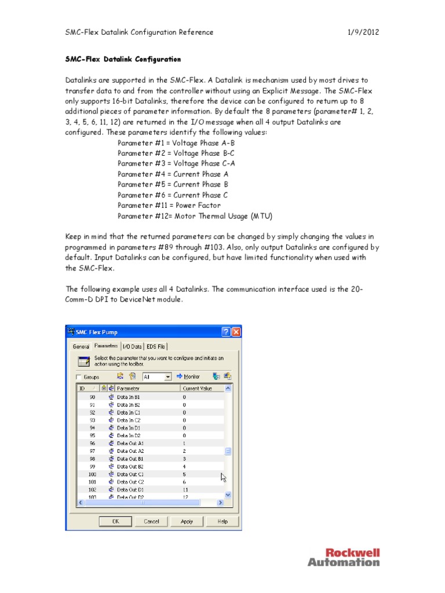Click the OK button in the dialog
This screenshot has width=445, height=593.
[116, 521]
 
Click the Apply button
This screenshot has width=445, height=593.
[187, 521]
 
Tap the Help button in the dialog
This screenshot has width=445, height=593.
[222, 521]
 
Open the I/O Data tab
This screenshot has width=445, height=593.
[132, 346]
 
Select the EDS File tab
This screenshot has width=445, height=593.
[156, 346]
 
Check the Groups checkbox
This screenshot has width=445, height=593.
[79, 377]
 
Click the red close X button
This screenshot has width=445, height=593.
[236, 332]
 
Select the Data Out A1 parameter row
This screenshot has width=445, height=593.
[130, 443]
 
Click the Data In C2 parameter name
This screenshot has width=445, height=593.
[129, 420]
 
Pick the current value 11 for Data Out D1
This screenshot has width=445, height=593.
[186, 489]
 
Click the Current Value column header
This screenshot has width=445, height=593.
[198, 389]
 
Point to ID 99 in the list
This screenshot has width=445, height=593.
[92, 466]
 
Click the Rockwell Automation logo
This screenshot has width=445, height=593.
[344, 557]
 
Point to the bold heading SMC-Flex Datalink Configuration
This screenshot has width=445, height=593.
[123, 59]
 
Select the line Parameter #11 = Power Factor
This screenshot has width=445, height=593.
[169, 206]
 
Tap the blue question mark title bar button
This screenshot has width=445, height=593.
[225, 332]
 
